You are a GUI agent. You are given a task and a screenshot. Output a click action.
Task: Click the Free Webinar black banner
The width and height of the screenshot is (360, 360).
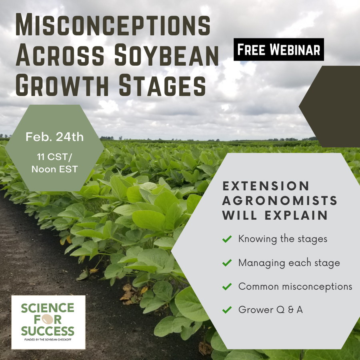pyautogui.click(x=279, y=50)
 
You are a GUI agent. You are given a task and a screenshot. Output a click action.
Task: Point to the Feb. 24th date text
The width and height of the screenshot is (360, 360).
pyautogui.click(x=55, y=137)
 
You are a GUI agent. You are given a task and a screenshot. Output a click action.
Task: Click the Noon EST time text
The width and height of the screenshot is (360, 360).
pyautogui.click(x=54, y=169)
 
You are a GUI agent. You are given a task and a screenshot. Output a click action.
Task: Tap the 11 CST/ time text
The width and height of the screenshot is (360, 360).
pyautogui.click(x=54, y=156)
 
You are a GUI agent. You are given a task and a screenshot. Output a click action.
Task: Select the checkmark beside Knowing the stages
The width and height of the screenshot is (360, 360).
pyautogui.click(x=227, y=239)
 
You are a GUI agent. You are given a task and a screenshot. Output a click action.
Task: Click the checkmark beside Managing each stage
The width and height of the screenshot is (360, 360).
pyautogui.click(x=227, y=263)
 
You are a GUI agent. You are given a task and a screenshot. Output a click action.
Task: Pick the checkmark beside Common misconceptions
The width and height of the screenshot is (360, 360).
pyautogui.click(x=227, y=286)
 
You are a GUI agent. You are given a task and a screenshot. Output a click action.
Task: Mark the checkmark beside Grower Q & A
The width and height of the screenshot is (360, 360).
pyautogui.click(x=227, y=310)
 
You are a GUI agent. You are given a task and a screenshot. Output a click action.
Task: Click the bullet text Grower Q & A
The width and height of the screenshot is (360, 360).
pyautogui.click(x=270, y=310)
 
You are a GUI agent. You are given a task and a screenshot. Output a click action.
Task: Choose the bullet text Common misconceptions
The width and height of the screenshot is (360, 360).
pyautogui.click(x=295, y=286)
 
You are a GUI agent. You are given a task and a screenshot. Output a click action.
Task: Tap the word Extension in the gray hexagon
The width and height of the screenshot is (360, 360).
pyautogui.click(x=266, y=186)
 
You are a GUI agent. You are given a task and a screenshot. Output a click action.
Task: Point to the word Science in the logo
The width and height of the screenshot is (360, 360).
pyautogui.click(x=48, y=308)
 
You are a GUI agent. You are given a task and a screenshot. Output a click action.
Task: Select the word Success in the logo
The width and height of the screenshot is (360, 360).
pyautogui.click(x=48, y=331)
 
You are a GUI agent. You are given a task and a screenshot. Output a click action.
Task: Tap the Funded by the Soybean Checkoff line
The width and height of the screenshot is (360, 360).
pyautogui.click(x=48, y=340)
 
